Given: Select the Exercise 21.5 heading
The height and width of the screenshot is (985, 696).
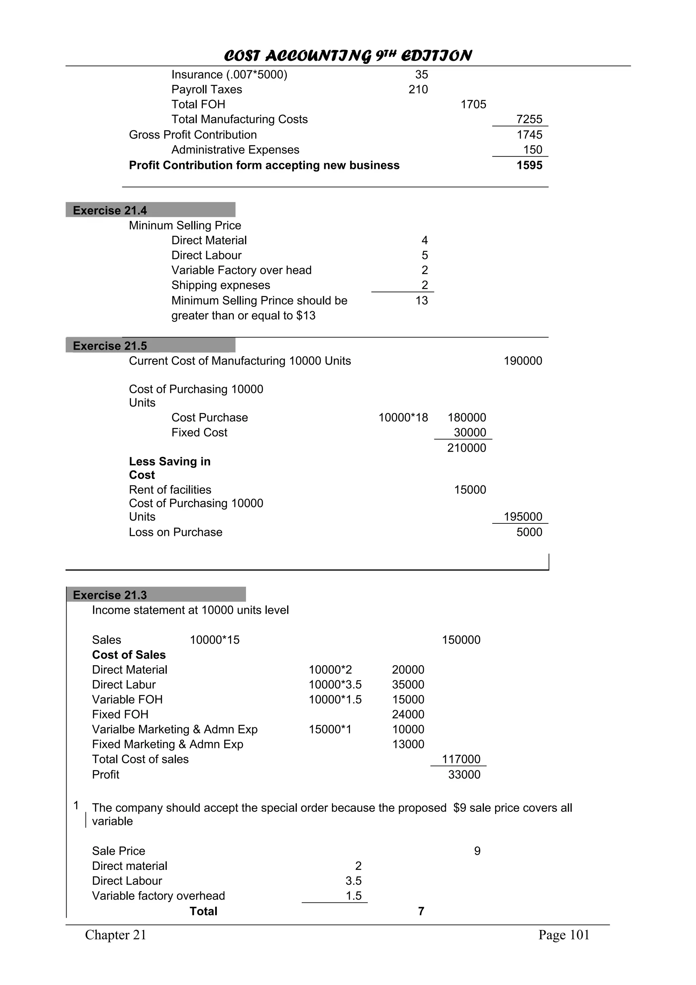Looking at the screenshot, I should point(110,346).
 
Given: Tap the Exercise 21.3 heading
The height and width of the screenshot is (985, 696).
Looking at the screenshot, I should point(110,595).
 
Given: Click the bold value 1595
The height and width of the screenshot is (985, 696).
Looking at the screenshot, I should point(529,165).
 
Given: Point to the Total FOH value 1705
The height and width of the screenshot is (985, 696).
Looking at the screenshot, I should point(473,104).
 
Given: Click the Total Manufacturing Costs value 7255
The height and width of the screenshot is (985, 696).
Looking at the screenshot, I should point(529,119).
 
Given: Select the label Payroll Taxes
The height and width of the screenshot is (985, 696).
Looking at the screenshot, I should point(207,89).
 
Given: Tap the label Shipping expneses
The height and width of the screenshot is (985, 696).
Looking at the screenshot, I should point(221,285).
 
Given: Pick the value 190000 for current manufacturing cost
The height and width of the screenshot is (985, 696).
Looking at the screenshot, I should point(523,361).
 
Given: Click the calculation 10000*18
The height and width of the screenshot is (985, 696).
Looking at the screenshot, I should point(403,417).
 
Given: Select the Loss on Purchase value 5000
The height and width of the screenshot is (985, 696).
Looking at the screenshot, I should point(529,532).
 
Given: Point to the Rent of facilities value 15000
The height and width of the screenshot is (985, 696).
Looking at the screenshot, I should point(470,489).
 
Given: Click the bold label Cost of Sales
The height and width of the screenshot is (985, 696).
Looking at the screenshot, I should point(129,655).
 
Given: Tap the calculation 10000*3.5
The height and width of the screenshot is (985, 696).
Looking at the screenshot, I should point(335,684).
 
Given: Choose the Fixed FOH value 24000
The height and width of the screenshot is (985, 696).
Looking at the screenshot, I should point(408,714).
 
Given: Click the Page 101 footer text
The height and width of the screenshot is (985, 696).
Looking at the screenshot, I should point(563,935).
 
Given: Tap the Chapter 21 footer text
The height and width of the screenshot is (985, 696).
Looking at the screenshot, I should point(116,935).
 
